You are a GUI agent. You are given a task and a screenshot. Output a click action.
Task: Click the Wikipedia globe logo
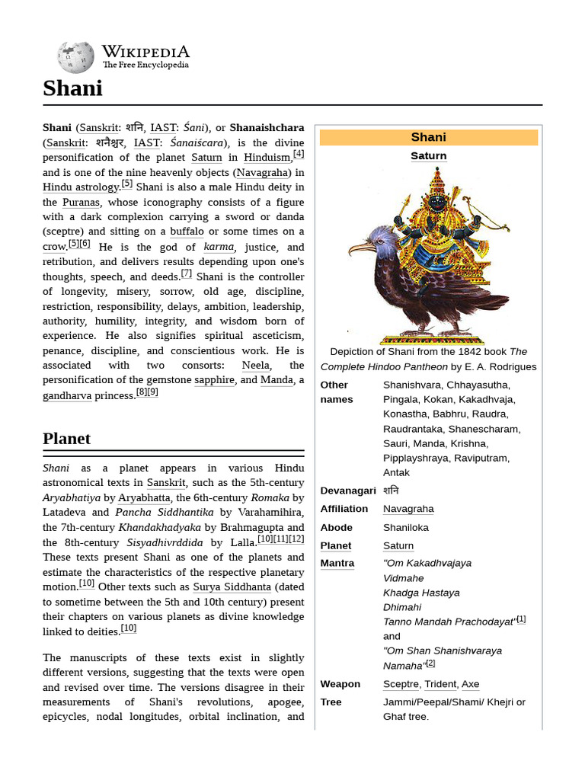[x=75, y=58]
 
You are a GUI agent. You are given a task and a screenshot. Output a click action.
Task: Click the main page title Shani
[x=72, y=88]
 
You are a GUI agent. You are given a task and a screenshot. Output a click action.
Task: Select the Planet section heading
[x=67, y=439]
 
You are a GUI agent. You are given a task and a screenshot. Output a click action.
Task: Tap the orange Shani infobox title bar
[x=428, y=137]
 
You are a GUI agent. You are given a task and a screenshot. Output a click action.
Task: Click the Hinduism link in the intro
[x=267, y=158]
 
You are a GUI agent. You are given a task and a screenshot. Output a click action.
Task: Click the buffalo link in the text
[x=187, y=232]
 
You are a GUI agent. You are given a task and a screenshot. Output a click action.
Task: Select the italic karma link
[x=219, y=247]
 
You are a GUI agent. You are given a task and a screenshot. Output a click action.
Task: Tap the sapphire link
[x=214, y=380]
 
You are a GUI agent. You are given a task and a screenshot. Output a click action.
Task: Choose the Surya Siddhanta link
[x=232, y=587]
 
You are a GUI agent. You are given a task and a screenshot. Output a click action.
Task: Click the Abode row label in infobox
[x=336, y=527]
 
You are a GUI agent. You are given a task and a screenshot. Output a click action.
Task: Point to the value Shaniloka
[x=405, y=527]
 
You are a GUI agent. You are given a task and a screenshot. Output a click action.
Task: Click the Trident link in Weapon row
[x=440, y=684]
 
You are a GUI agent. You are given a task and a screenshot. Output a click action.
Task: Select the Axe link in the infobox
[x=470, y=684]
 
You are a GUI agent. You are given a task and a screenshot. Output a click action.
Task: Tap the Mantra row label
[x=337, y=564]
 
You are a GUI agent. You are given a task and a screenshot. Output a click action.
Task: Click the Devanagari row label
[x=348, y=491]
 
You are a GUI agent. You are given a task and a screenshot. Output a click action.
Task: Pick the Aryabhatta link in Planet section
[x=144, y=497]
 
